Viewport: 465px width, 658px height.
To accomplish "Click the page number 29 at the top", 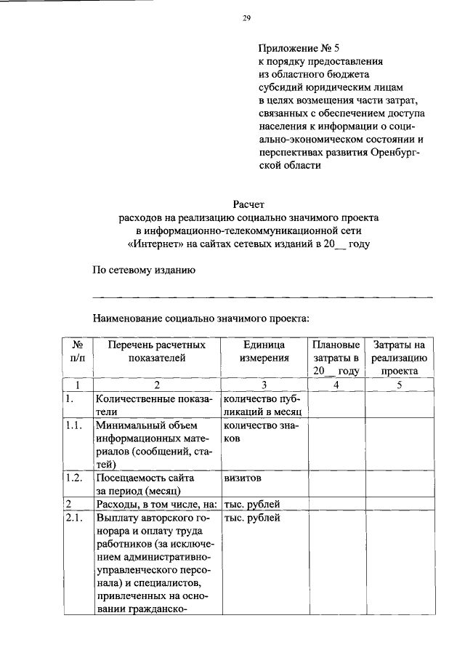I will (246, 19).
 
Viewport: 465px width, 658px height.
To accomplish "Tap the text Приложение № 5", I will (294, 49).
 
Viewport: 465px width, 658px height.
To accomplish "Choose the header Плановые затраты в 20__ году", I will (336, 357).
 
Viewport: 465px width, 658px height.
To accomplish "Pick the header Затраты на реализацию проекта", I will (398, 357).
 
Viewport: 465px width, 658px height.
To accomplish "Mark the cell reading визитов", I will (243, 478).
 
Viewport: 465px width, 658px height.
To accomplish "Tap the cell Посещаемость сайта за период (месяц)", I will (142, 484).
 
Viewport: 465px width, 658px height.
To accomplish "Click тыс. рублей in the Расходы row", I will (252, 504).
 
